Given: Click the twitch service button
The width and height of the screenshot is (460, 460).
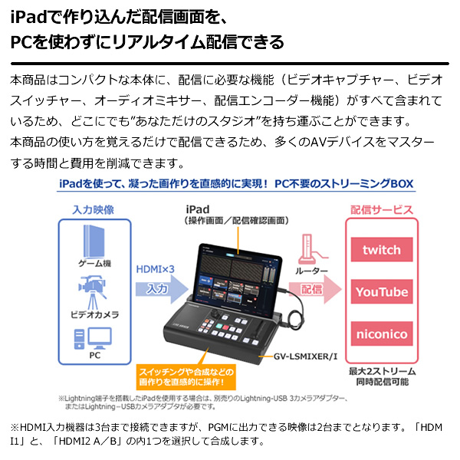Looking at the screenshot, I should coord(382,250).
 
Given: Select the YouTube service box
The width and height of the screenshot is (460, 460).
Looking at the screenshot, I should coord(382,292).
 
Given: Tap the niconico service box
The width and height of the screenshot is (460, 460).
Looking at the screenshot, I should coord(382,334).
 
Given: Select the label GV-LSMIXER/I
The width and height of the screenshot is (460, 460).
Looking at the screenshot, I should coord(308,357).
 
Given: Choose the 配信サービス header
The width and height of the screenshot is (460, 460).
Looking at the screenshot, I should coord(382,209).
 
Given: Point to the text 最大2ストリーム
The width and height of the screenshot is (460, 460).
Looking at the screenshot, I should coord(382,370).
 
